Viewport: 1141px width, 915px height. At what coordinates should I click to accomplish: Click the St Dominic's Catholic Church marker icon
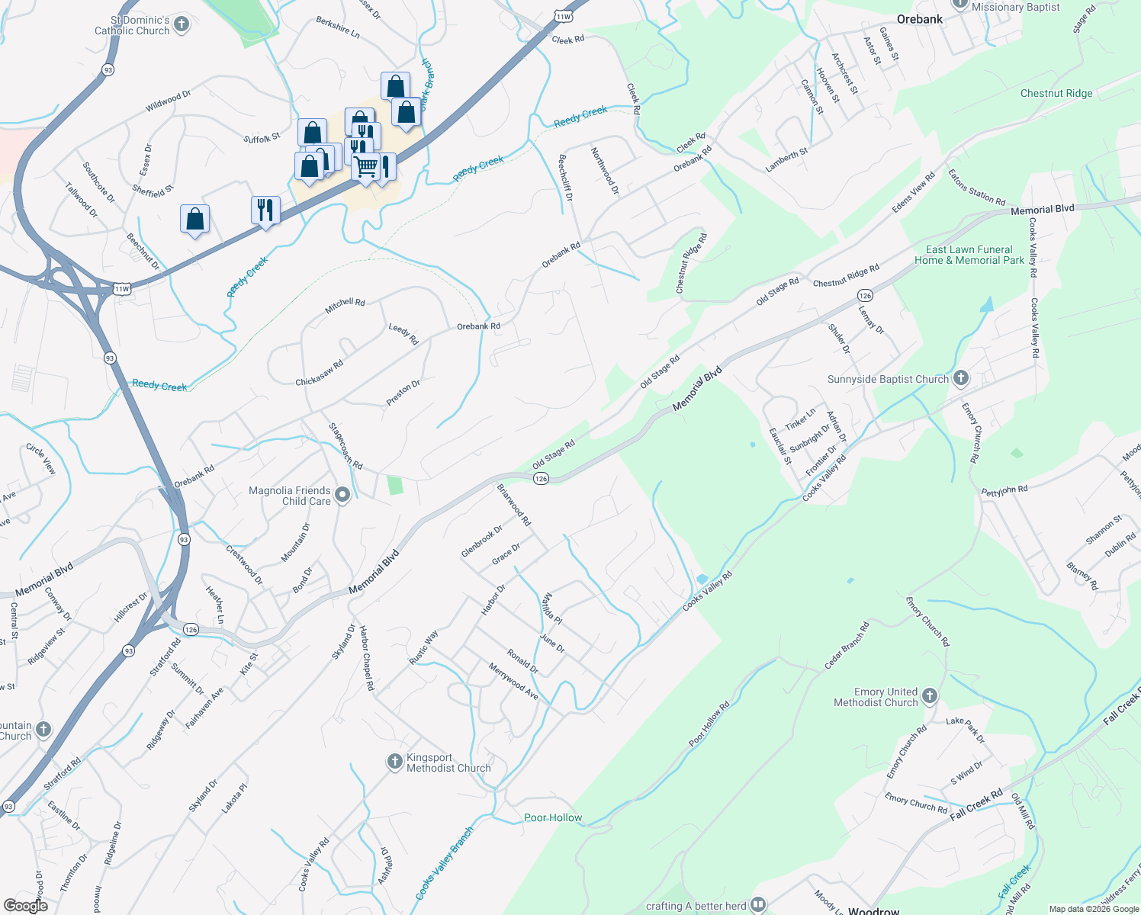tap(182, 24)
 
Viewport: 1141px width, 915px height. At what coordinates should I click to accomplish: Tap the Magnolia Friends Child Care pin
tap(342, 496)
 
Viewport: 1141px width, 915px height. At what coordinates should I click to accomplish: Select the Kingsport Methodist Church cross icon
tap(394, 762)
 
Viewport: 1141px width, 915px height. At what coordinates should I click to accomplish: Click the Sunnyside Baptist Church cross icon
tap(961, 377)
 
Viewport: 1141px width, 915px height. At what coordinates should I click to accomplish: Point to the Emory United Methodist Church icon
tap(929, 695)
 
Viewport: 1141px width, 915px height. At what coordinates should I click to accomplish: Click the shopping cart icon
tap(366, 165)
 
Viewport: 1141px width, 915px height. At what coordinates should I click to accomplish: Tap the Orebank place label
tap(920, 19)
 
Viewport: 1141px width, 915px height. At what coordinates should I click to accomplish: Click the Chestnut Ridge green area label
tap(1056, 93)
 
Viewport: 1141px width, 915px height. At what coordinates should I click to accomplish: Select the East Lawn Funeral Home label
tap(969, 255)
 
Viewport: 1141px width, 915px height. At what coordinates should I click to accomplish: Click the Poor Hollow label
tap(553, 817)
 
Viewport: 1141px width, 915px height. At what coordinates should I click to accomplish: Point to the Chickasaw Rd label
tap(320, 373)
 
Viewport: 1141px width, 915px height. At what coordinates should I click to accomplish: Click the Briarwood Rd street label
tap(514, 504)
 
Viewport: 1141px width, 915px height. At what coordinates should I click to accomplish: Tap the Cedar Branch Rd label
tap(847, 646)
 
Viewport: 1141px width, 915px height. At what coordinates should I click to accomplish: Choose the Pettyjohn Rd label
tap(1004, 490)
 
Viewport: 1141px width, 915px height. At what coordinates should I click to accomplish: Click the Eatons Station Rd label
tap(976, 187)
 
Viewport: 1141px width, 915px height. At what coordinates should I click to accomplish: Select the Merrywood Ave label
tap(513, 681)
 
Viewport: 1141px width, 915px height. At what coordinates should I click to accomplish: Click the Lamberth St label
tap(787, 160)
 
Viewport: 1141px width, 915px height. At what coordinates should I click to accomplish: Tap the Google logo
tap(26, 905)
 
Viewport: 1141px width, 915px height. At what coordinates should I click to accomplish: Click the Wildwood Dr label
tap(168, 101)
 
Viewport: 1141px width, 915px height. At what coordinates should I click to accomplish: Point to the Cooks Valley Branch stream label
tap(445, 863)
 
